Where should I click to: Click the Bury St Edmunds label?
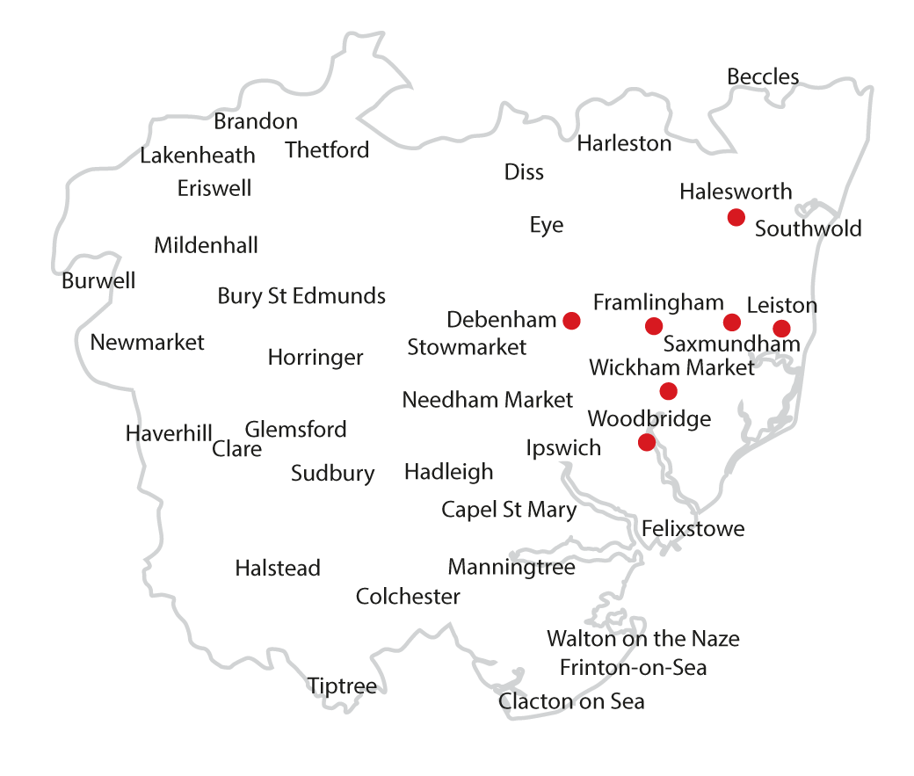[x=301, y=296]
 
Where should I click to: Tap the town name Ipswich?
[x=563, y=448]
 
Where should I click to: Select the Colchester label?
[x=408, y=597]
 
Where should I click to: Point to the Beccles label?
[x=763, y=77]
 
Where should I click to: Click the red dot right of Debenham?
[x=571, y=321]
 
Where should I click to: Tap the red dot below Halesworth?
[x=736, y=217]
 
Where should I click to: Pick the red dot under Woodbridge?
[x=647, y=442]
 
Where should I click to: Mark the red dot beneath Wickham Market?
[x=668, y=391]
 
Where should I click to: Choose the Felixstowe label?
[x=693, y=529]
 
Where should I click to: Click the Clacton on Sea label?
[x=571, y=701]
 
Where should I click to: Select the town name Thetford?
[x=327, y=150]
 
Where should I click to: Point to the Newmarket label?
[x=147, y=343]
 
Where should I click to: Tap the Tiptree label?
[x=342, y=686]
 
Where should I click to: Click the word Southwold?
[x=808, y=229]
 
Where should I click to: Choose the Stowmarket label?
[x=467, y=347]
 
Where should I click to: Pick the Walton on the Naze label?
[x=642, y=639]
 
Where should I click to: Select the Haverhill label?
[x=169, y=433]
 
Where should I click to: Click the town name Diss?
[x=524, y=172]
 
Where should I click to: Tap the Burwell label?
[x=98, y=281]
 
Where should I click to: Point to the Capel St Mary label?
[x=509, y=510]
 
